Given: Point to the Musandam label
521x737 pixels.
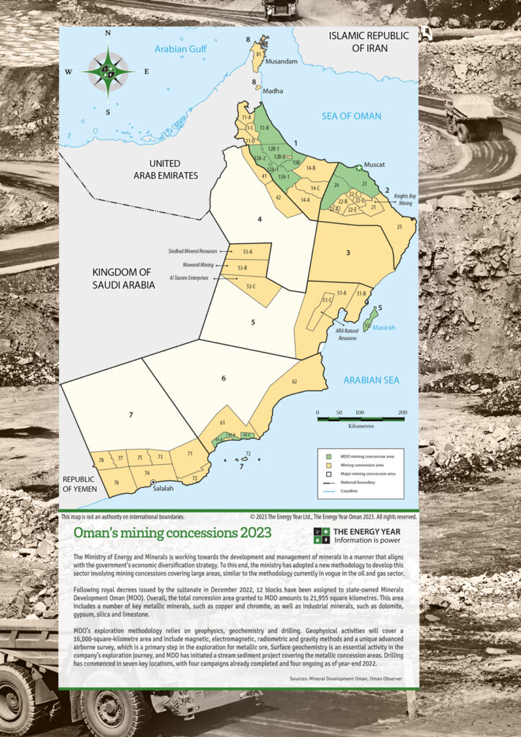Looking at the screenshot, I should coord(281,62).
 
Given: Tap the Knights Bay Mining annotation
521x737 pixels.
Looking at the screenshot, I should coord(403,199).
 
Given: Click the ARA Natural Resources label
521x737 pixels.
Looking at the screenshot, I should coord(347,334).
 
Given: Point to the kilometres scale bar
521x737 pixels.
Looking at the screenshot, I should coord(361,418).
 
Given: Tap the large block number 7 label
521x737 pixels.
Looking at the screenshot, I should coord(130,415).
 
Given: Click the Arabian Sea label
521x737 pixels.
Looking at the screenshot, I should coord(371,380).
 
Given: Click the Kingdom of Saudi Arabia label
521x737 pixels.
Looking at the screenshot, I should coord(123,279).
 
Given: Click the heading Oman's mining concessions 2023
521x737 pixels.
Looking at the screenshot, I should coord(173,533).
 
